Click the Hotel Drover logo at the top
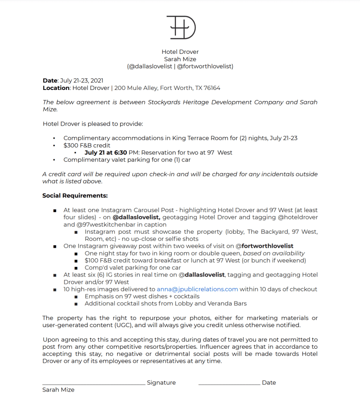pos(181,27)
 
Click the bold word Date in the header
pos(50,81)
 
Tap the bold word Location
pos(56,88)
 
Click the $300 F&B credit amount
pos(71,145)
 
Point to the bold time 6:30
pos(120,152)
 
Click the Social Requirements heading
pos(75,195)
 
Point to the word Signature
pos(161,383)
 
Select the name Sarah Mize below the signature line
pos(59,390)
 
